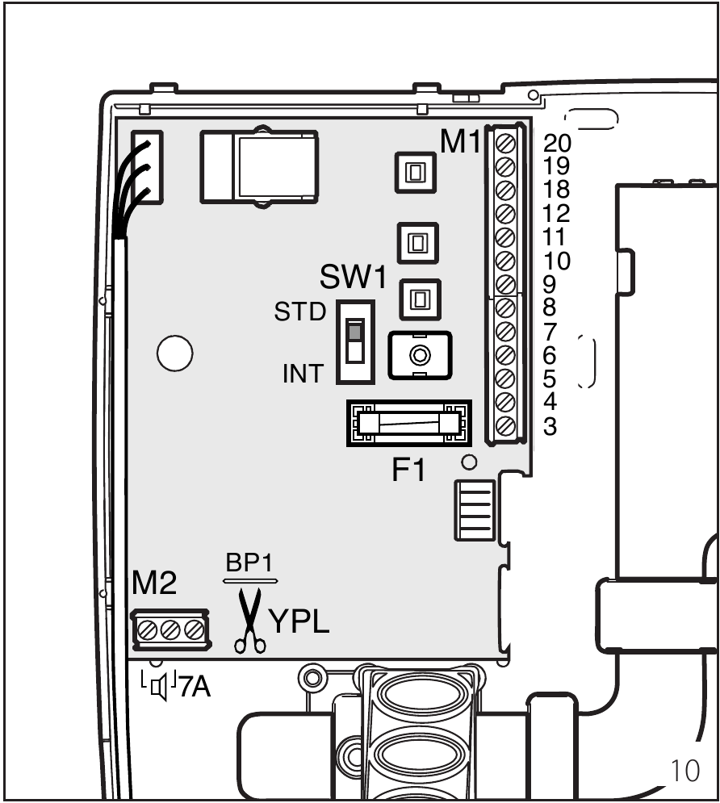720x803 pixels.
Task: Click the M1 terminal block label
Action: tap(460, 143)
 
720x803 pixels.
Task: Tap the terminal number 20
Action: tap(557, 144)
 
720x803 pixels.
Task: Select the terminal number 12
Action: tap(557, 214)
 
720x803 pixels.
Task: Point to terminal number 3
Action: tap(550, 426)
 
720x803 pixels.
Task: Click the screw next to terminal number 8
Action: tap(507, 307)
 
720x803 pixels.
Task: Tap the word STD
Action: tap(299, 312)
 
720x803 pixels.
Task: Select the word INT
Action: tap(303, 374)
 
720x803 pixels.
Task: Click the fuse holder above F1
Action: tap(408, 423)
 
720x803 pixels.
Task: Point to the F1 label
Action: tap(408, 471)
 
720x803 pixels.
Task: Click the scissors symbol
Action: tap(251, 619)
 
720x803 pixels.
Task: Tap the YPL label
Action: tap(299, 622)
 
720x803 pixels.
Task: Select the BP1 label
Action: tap(250, 565)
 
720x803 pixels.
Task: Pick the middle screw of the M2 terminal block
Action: tap(170, 629)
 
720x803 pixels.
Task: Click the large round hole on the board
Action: tap(174, 353)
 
